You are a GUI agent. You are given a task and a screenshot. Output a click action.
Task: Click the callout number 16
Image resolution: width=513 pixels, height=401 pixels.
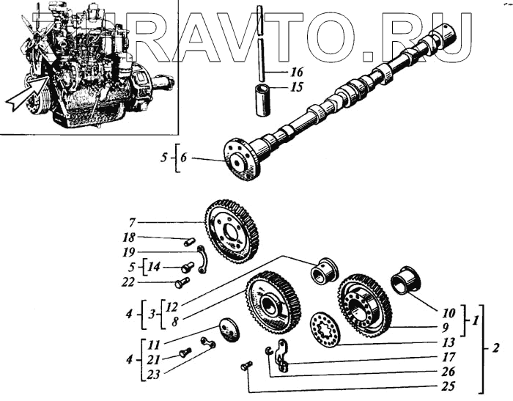[x=297, y=73]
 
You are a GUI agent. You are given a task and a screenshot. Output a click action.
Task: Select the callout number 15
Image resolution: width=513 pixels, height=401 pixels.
[x=297, y=87]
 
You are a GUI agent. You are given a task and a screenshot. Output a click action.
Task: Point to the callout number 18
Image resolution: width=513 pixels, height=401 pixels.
[x=129, y=238]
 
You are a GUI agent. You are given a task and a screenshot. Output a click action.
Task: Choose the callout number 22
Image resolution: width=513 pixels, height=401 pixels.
[x=129, y=282]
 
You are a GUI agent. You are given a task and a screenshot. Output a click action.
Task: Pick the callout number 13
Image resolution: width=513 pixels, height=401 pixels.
[x=449, y=342]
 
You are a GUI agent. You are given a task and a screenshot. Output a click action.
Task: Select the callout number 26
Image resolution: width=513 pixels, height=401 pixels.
[x=449, y=372]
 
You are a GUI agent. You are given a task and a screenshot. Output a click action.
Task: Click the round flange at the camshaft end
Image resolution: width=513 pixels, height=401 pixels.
[x=243, y=159]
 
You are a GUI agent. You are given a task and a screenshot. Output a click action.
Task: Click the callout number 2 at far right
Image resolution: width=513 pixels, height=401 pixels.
[x=496, y=349]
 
